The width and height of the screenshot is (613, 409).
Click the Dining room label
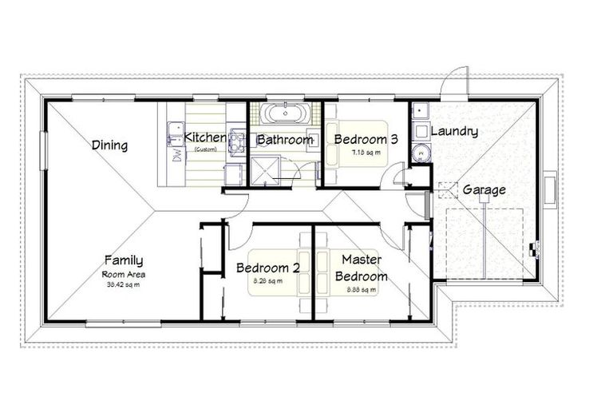(x=110, y=145)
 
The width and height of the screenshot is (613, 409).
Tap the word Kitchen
(x=205, y=137)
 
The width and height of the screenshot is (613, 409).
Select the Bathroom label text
(x=284, y=140)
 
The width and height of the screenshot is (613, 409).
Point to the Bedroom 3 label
(x=366, y=139)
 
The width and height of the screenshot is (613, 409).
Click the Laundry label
(x=454, y=131)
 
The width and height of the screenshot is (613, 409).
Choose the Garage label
(x=484, y=190)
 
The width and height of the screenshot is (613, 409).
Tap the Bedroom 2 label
(x=268, y=268)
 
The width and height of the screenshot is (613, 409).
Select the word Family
(x=124, y=260)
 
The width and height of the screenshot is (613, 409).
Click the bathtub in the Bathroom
(x=283, y=113)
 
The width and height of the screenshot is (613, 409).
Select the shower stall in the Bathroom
(x=263, y=169)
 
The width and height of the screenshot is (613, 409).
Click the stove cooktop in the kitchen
(x=237, y=141)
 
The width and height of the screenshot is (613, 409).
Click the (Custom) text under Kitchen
(x=205, y=149)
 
